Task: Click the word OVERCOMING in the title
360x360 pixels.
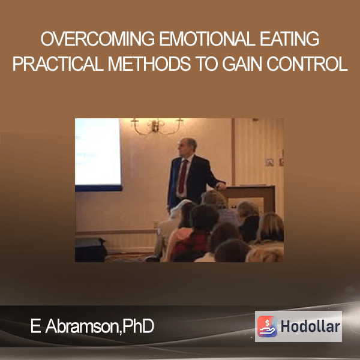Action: [98, 39]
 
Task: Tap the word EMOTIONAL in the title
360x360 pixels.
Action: [208, 39]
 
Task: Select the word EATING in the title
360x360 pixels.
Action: [290, 39]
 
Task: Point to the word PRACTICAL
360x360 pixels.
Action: [58, 64]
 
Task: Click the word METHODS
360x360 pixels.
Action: [149, 64]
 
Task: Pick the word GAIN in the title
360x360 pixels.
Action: [242, 64]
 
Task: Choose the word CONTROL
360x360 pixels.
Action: [307, 64]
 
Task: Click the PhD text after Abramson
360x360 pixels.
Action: [138, 326]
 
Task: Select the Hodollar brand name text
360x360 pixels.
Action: [310, 326]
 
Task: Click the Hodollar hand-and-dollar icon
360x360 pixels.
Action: [267, 326]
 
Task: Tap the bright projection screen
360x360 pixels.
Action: [98, 152]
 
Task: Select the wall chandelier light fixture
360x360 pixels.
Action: [157, 126]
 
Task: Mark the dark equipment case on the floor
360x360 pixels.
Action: [90, 250]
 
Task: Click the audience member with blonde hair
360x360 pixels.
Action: [271, 228]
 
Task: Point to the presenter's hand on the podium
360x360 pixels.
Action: [221, 186]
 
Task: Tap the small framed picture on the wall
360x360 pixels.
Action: [269, 163]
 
